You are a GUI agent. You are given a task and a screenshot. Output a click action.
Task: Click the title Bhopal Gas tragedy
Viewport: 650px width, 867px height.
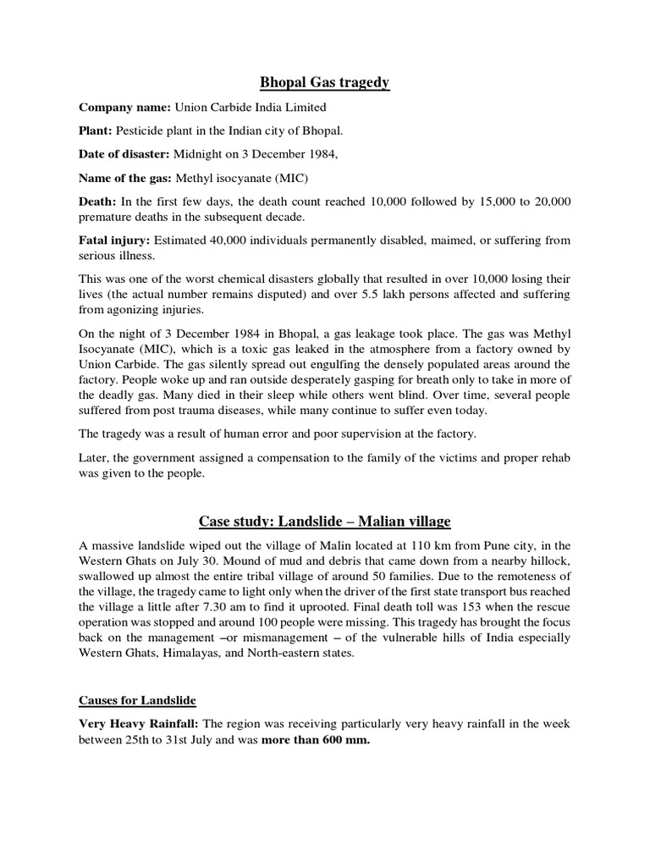coord(324,82)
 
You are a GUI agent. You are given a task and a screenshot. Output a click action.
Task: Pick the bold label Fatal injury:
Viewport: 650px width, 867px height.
coord(115,240)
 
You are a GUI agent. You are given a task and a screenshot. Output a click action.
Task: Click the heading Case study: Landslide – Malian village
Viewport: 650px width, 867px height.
coord(324,520)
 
